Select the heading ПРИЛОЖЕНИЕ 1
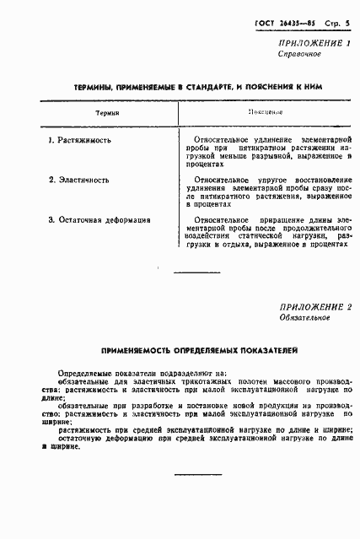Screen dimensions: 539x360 pos(314,42)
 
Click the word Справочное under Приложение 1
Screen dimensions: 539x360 pos(298,54)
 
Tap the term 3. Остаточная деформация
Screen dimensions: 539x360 pos(99,220)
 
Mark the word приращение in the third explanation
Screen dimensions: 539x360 pos(277,220)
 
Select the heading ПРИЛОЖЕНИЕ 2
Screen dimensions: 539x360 pos(314,307)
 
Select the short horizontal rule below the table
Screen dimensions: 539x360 pos(196,272)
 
